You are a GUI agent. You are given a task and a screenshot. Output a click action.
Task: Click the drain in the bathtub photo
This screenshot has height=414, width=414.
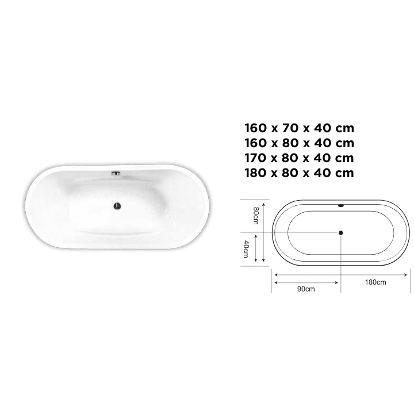tap(117, 206)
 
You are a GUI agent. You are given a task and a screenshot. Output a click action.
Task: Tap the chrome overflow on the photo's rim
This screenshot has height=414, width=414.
tap(116, 174)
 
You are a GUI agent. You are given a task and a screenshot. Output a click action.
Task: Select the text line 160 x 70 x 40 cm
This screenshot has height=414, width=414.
tap(299, 128)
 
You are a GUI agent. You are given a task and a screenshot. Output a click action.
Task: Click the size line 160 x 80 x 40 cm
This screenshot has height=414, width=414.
tap(299, 143)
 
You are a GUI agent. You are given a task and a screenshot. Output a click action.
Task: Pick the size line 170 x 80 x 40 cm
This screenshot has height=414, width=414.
tap(299, 158)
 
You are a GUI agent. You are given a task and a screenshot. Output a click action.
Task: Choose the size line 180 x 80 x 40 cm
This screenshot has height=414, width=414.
tap(299, 173)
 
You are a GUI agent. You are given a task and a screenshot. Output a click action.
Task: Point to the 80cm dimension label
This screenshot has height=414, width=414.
tap(256, 216)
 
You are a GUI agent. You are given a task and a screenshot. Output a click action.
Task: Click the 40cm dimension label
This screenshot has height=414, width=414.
tap(246, 249)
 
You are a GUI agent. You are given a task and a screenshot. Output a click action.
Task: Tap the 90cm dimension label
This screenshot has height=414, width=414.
tap(306, 289)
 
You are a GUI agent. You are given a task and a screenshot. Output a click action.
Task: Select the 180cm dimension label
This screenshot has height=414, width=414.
tap(375, 282)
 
